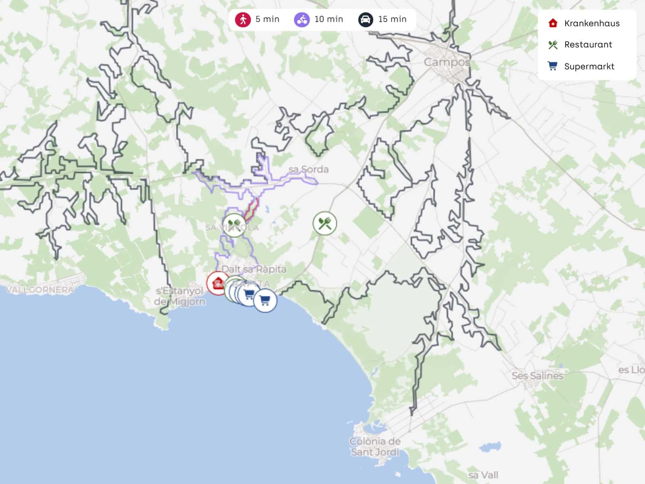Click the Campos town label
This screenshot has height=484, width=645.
pos(447,62)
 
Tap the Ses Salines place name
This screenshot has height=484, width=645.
pos(537,376)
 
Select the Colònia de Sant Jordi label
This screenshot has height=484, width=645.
pos(375,446)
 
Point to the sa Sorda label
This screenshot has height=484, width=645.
pos(309,169)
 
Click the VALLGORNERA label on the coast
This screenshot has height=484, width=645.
pos(40,289)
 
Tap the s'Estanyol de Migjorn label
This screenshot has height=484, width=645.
pos(180,296)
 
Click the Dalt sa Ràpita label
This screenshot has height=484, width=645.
pos(254,269)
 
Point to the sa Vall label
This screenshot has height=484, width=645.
pos(483,475)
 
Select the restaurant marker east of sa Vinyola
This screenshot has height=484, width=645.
pos(325,223)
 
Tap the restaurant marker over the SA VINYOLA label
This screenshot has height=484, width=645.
pos(234,225)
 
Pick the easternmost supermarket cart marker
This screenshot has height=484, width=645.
pos(265,301)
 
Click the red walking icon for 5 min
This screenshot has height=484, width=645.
pos(243,19)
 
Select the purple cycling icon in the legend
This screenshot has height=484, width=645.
pos(302,19)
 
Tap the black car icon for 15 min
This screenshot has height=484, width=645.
pos(365,19)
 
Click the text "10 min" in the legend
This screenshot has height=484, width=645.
pos(328,19)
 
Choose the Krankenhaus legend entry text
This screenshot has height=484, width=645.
pos(592,23)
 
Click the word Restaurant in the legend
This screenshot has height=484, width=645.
pos(588,45)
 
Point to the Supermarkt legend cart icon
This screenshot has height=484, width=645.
pos(553,66)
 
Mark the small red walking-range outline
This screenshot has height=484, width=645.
pos(251,209)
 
